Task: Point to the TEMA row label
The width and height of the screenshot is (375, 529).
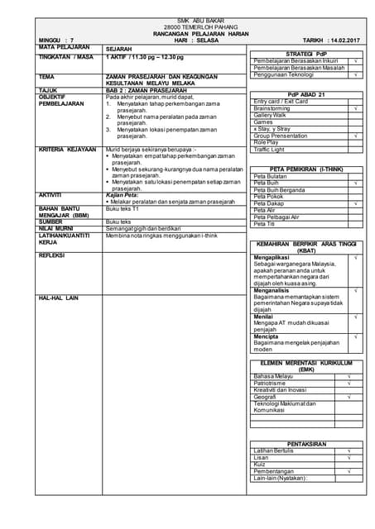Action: (46, 76)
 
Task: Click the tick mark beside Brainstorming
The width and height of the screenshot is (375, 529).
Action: (354, 108)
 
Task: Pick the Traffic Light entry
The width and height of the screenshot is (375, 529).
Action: (269, 149)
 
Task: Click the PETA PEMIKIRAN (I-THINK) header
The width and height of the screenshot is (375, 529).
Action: (305, 168)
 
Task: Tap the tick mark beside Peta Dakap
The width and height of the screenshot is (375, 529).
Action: (354, 203)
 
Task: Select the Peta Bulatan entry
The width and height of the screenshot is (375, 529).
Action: (270, 176)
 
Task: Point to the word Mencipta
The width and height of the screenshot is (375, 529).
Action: (266, 336)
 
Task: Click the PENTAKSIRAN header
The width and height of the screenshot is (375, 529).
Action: (305, 443)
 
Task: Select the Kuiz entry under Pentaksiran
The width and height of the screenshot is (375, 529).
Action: (260, 464)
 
